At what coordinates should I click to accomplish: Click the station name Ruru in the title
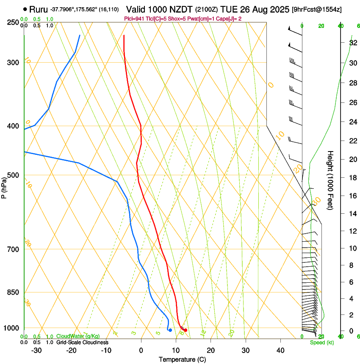click(39, 9)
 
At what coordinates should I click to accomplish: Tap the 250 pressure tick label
click(13, 22)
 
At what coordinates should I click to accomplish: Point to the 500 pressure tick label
click(13, 175)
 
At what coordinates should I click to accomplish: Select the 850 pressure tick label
click(13, 292)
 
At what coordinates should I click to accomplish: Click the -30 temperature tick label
click(36, 350)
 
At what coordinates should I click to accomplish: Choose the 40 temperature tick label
click(280, 350)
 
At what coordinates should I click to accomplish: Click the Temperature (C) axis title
click(183, 359)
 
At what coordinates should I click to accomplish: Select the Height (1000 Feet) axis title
click(330, 180)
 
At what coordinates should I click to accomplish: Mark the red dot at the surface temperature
click(186, 330)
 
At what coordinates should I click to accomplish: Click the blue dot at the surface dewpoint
click(170, 330)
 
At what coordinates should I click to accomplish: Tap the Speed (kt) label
click(321, 342)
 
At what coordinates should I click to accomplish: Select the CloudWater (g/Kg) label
click(78, 336)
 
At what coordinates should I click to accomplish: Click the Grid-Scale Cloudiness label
click(82, 342)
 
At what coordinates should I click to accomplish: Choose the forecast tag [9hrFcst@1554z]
click(317, 9)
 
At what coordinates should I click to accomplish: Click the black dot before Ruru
click(25, 9)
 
